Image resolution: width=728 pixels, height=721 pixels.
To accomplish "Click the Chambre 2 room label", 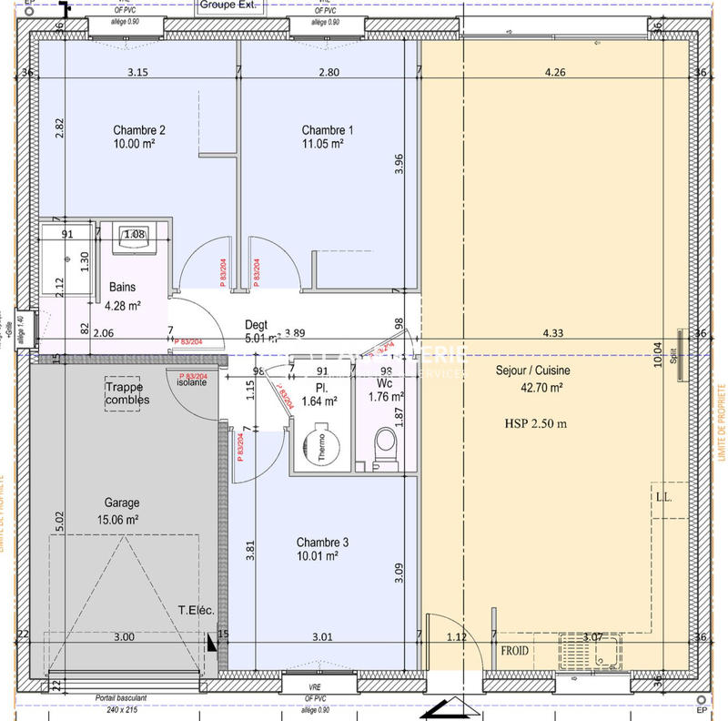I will coord(138,129).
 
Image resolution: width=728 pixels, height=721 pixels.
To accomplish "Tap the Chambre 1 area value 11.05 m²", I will coord(322,144).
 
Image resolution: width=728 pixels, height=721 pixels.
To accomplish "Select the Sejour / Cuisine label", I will coord(533,371).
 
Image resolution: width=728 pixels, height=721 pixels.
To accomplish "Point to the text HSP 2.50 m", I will coord(536,423).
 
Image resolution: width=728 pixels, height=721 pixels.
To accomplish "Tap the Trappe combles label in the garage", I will coord(126,394).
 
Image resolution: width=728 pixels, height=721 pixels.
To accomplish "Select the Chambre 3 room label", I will coord(322,542).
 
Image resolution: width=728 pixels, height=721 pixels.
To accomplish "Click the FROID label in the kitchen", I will coord(516,652).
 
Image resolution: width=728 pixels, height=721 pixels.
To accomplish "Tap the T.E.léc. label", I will coord(196,611).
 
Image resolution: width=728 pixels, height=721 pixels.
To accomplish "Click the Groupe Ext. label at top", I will coord(228,5).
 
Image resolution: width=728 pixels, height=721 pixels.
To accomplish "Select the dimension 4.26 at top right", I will coord(554,72).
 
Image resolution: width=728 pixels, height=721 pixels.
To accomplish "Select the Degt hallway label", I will coord(256,325).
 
